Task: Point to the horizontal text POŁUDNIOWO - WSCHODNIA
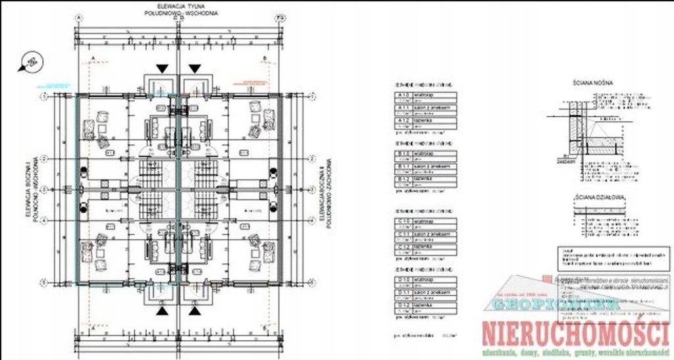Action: pyautogui.click(x=174, y=13)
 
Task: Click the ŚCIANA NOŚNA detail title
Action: pyautogui.click(x=593, y=84)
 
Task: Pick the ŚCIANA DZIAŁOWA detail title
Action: pyautogui.click(x=599, y=197)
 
